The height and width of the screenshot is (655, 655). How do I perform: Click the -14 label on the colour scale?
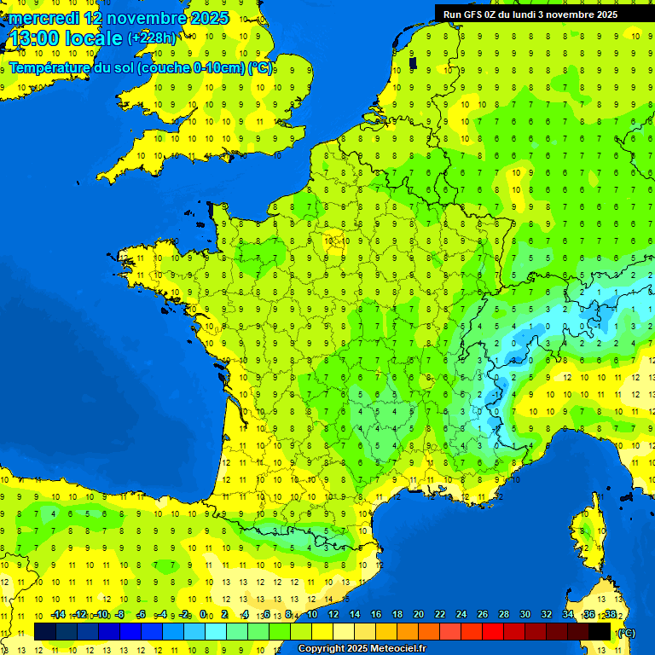pyautogui.click(x=58, y=615)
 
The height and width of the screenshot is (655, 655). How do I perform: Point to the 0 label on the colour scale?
pyautogui.click(x=203, y=615)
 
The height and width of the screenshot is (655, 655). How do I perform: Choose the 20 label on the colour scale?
pyautogui.click(x=419, y=615)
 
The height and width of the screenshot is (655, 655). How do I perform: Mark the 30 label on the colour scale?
pyautogui.click(x=525, y=615)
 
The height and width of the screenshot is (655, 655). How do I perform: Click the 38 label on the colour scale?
pyautogui.click(x=611, y=615)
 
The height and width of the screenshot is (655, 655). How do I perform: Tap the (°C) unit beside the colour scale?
pyautogui.click(x=626, y=632)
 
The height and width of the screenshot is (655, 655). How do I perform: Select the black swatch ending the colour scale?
pyautogui.click(x=600, y=631)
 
